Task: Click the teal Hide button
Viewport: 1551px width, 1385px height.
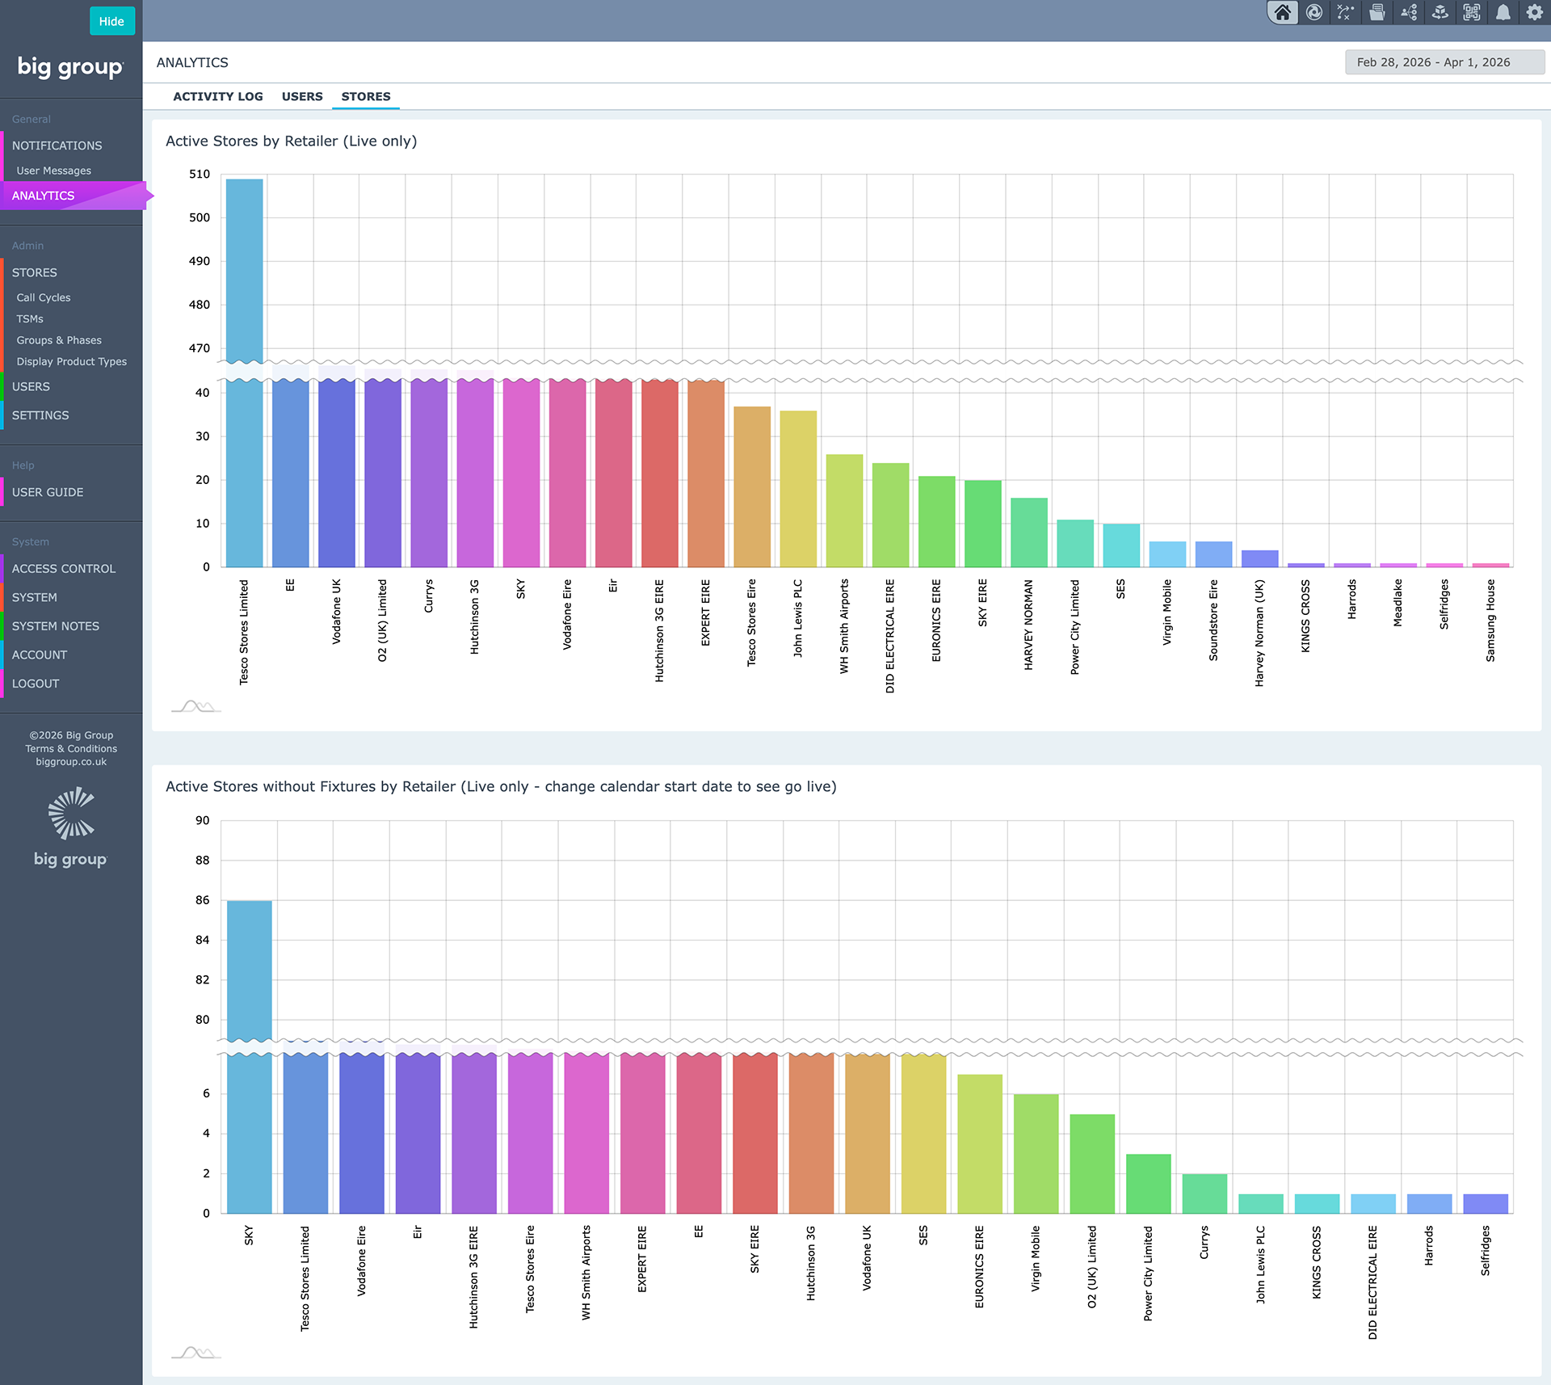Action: coord(111,21)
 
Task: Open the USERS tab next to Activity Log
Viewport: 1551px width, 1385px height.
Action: coord(302,96)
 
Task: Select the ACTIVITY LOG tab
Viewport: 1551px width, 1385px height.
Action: coord(218,96)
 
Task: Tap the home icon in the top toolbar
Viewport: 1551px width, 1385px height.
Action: coord(1282,12)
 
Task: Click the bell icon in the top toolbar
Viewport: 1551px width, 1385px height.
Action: coord(1503,12)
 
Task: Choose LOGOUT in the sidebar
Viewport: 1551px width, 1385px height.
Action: coord(36,684)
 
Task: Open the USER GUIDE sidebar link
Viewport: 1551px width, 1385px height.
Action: coord(48,492)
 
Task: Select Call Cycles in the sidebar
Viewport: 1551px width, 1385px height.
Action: coord(44,297)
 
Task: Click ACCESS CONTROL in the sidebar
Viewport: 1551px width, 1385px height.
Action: coord(64,569)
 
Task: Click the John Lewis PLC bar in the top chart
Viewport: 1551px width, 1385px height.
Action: coord(798,489)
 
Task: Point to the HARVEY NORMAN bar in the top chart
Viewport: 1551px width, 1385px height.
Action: coord(1029,533)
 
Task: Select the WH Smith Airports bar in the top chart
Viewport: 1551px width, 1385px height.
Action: coord(844,511)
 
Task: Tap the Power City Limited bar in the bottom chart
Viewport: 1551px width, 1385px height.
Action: coord(1148,1184)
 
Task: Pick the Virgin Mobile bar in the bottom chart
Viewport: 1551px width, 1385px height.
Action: coord(1036,1154)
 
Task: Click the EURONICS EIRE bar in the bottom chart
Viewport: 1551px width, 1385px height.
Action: coord(980,1144)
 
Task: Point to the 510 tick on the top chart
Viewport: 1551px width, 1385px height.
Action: coord(200,174)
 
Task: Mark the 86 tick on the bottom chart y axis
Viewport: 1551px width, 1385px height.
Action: coord(202,900)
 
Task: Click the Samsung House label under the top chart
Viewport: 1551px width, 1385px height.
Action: coord(1490,621)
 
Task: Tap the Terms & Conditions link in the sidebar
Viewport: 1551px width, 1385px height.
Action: coord(71,748)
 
